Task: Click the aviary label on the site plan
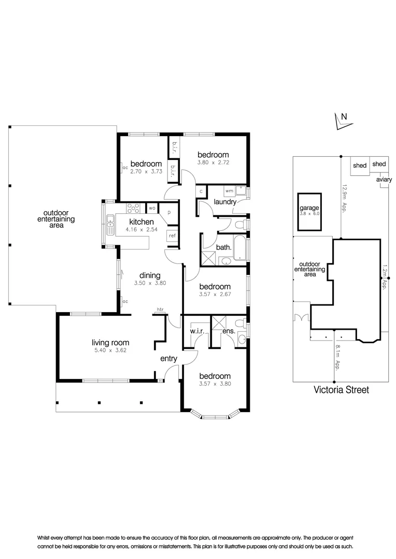(384, 180)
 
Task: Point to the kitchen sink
(110, 224)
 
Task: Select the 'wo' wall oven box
(152, 208)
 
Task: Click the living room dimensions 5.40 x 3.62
(110, 350)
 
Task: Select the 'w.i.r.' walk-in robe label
(196, 331)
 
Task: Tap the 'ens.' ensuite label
(229, 331)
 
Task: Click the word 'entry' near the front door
(168, 358)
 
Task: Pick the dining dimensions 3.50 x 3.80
(150, 284)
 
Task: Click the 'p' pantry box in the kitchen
(169, 212)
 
